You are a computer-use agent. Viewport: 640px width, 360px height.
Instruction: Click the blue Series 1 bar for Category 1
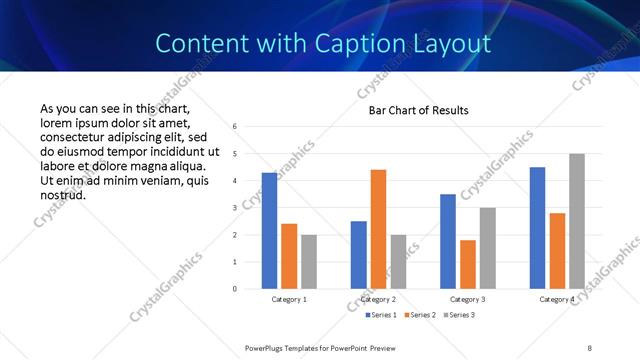click(269, 231)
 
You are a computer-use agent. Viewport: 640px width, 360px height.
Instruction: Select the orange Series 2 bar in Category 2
click(378, 229)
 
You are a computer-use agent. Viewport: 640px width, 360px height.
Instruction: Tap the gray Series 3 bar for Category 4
click(576, 221)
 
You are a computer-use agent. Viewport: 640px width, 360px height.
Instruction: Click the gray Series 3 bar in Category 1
click(309, 262)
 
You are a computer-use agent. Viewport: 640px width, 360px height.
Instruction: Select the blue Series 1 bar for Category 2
click(358, 255)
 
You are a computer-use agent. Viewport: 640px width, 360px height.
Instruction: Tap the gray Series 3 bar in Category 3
click(487, 248)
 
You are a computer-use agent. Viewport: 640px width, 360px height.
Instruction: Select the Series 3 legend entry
click(457, 315)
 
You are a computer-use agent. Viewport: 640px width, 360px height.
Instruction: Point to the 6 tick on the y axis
click(233, 127)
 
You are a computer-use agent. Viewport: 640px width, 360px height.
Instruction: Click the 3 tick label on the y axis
click(233, 208)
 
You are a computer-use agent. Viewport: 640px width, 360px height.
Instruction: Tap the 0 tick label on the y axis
click(233, 289)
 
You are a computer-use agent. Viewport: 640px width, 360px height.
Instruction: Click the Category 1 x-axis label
click(289, 299)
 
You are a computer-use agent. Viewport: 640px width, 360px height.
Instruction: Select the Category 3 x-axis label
click(467, 299)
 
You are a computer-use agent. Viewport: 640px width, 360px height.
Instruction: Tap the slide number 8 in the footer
click(589, 347)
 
